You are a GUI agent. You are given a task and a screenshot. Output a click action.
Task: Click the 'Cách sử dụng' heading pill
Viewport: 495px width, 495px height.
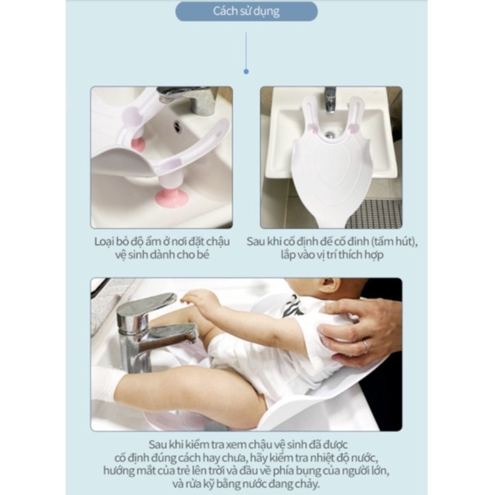point(246,12)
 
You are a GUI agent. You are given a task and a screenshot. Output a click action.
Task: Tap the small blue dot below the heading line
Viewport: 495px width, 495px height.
point(246,71)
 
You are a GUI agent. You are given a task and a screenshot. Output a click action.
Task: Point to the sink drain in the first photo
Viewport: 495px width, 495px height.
point(176,124)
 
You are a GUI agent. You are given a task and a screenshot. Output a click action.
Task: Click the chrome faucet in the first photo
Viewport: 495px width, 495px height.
point(190,99)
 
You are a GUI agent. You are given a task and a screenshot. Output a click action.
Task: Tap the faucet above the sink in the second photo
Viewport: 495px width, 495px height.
point(329,99)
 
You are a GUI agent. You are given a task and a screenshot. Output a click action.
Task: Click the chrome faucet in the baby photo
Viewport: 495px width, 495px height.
point(148,326)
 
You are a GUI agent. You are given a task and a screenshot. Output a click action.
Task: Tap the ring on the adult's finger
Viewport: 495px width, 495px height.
point(364,347)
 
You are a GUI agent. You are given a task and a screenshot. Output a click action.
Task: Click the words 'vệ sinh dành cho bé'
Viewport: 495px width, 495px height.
point(161,254)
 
